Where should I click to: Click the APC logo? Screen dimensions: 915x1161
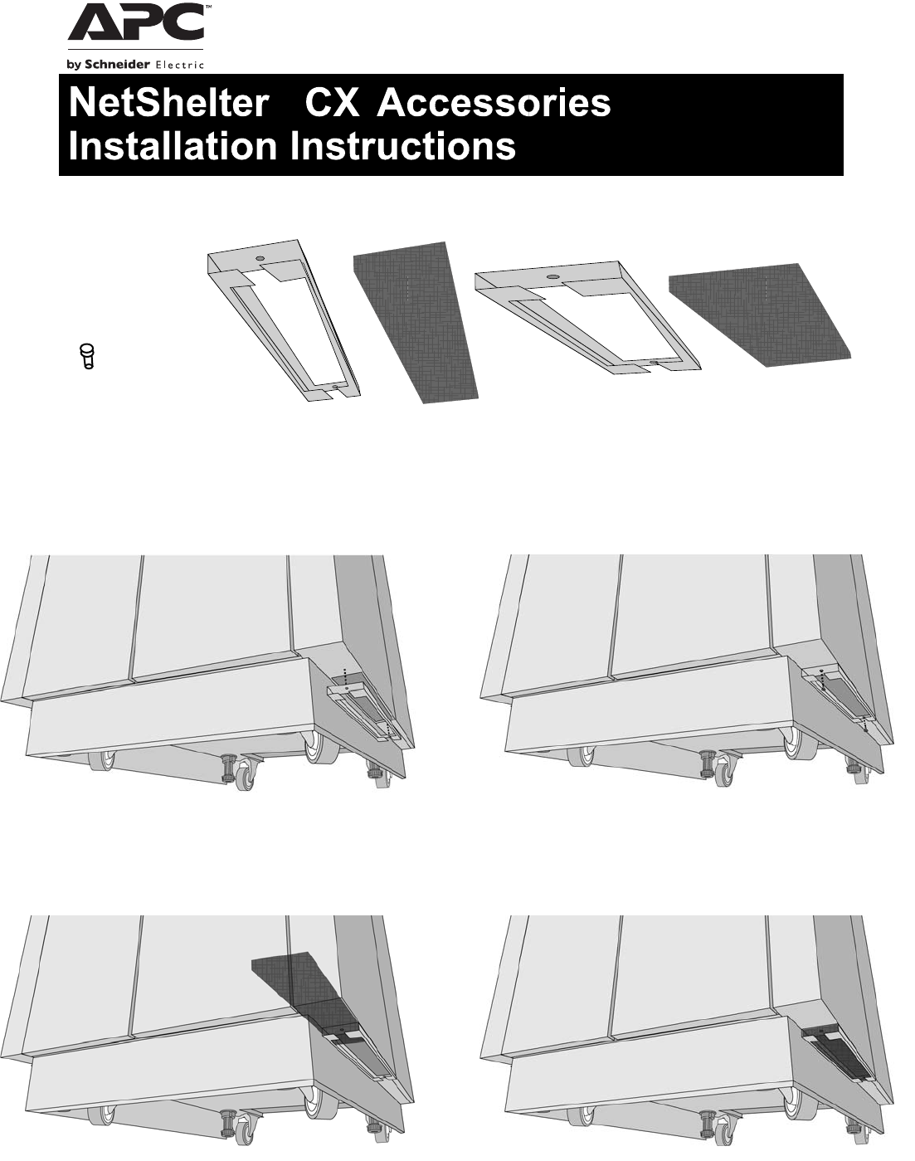coord(136,26)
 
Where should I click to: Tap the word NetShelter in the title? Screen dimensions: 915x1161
coord(168,105)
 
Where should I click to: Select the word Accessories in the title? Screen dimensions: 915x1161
coord(494,105)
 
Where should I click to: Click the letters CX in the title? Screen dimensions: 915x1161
coord(332,105)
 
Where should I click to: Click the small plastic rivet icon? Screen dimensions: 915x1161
coord(86,355)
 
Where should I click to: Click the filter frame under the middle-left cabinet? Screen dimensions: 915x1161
coord(366,709)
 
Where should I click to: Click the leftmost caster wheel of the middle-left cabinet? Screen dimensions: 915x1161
coord(103,759)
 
